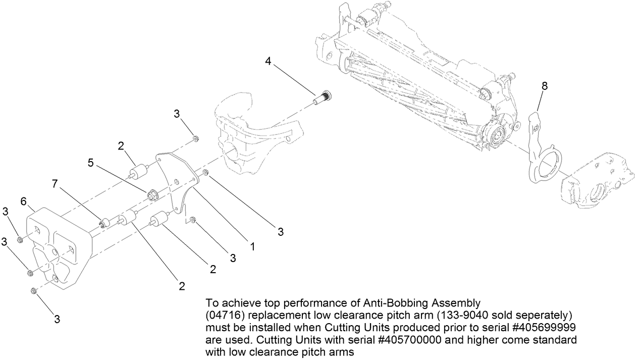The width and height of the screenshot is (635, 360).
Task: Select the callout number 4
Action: [269, 62]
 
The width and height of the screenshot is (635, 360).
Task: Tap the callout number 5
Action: [90, 163]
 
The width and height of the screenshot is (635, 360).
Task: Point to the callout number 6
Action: [23, 201]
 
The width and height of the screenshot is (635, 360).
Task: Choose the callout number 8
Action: [544, 86]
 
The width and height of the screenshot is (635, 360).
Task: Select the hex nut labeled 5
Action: [151, 194]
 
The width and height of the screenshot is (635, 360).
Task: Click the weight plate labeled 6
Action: [56, 247]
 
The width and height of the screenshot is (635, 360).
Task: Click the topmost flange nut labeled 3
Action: [196, 138]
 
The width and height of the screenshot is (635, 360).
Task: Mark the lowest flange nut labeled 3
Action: [34, 290]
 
